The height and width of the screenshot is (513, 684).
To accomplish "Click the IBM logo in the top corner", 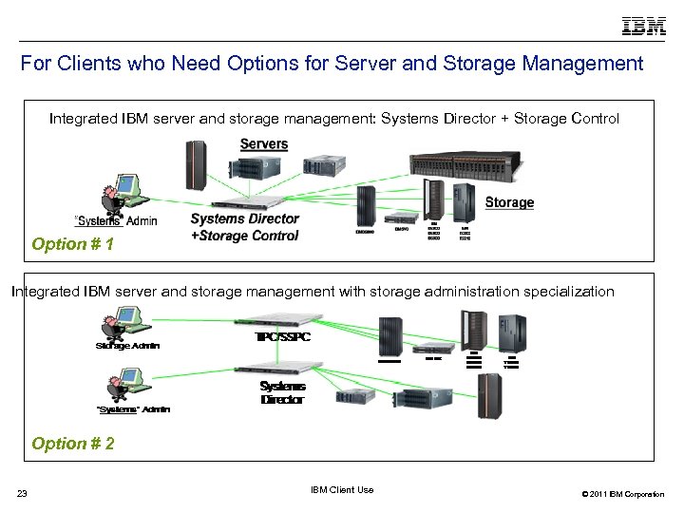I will click(x=643, y=27).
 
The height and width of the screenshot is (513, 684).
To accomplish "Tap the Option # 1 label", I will click(x=73, y=245).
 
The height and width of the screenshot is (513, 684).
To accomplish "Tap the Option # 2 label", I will click(x=73, y=444).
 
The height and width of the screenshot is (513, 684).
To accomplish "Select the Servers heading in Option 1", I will click(x=263, y=144).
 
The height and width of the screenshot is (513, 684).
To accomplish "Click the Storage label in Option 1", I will click(x=509, y=202).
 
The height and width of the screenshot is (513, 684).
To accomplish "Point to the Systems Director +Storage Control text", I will click(x=245, y=227).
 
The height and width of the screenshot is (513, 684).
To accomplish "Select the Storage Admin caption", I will click(x=127, y=346).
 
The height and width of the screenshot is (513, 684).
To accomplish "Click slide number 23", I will click(x=22, y=492).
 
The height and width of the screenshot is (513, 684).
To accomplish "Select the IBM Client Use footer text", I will click(x=342, y=490).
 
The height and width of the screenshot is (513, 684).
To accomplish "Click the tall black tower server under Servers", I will click(x=197, y=164).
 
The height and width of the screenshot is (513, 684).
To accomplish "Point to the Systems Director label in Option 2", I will click(x=282, y=393).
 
